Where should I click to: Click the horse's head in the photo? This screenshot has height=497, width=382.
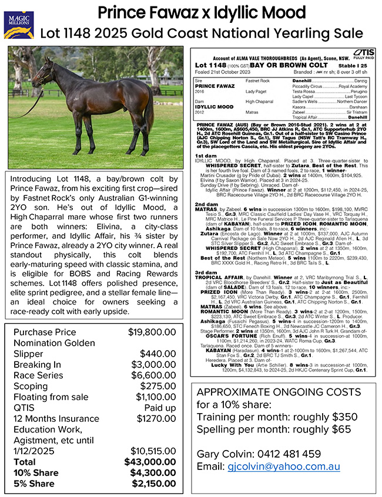point(43,73)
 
